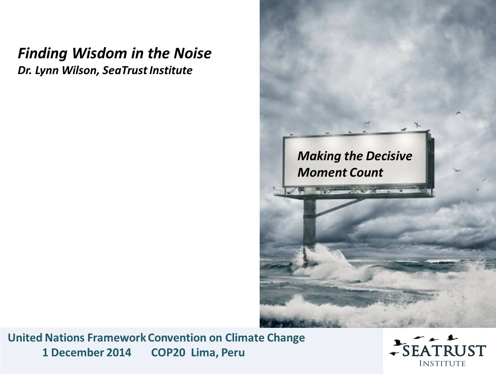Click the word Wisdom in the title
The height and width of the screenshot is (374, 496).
[100, 53]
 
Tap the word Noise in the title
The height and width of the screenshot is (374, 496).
[193, 53]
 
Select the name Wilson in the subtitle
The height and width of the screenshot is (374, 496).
[80, 71]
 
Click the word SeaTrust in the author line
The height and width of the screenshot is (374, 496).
[125, 71]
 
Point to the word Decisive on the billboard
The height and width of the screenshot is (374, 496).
[389, 156]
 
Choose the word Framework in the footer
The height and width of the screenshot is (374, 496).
[117, 338]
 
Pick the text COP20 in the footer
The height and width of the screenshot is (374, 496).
[168, 353]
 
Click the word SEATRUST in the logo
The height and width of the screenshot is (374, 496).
[444, 351]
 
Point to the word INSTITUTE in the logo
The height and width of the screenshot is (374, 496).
[442, 363]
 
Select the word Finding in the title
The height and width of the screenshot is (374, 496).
[42, 54]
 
